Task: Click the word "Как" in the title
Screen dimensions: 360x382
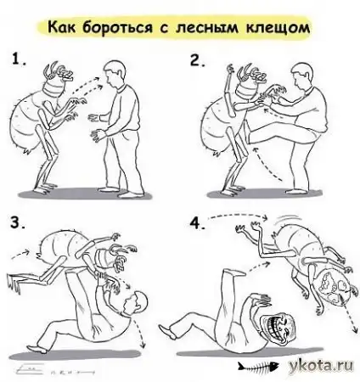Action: [61, 28]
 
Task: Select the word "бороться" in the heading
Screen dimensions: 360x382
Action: [118, 28]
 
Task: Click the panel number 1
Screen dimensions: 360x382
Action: [19, 59]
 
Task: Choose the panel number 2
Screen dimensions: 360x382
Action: [198, 59]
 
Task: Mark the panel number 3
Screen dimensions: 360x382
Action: [18, 222]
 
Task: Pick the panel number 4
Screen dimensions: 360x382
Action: [198, 223]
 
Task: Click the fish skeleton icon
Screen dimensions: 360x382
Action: [256, 367]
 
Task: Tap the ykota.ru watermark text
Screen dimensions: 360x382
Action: [321, 365]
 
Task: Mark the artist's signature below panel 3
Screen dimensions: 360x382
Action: [51, 369]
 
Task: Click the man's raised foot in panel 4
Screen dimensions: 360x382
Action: [233, 272]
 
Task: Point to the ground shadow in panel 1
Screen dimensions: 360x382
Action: [85, 194]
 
